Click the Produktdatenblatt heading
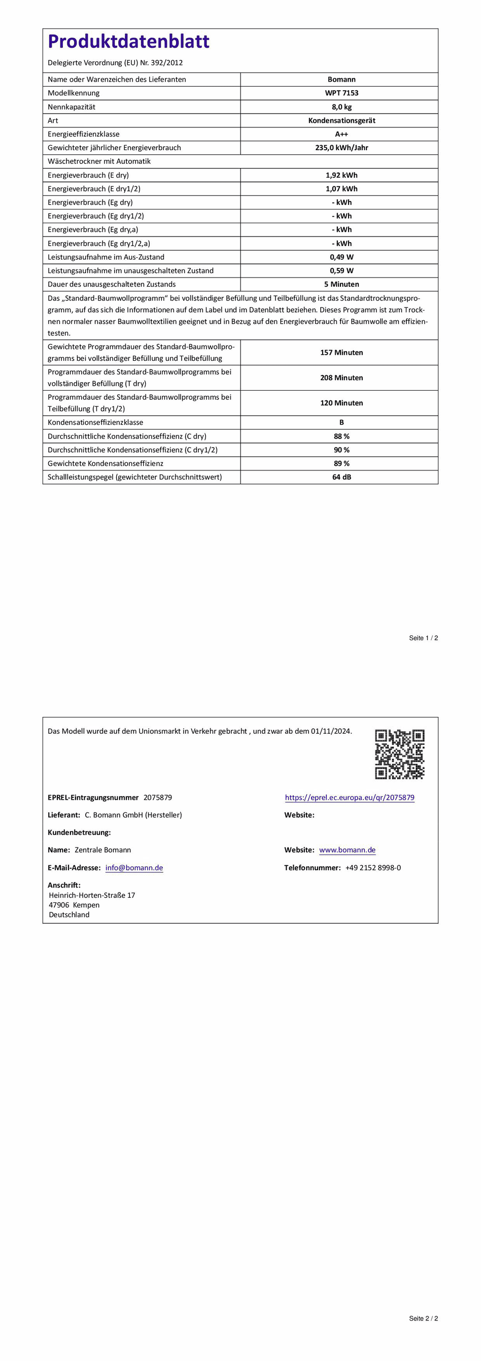click(128, 41)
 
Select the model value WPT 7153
click(341, 93)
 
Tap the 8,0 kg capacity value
click(341, 107)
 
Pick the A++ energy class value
click(341, 134)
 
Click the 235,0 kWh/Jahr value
click(341, 148)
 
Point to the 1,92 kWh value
click(341, 176)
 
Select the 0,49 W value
click(341, 257)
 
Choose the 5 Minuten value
click(341, 284)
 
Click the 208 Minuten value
click(341, 378)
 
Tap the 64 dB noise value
click(341, 477)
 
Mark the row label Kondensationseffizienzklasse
click(95, 423)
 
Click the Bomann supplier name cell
click(341, 79)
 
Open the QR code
click(400, 754)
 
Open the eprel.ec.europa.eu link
click(350, 797)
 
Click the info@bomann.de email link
click(134, 868)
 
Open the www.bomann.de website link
click(348, 850)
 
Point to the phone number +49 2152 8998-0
click(373, 868)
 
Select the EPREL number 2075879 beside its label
click(157, 797)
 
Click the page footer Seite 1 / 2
click(424, 638)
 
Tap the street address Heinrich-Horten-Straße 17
click(92, 895)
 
